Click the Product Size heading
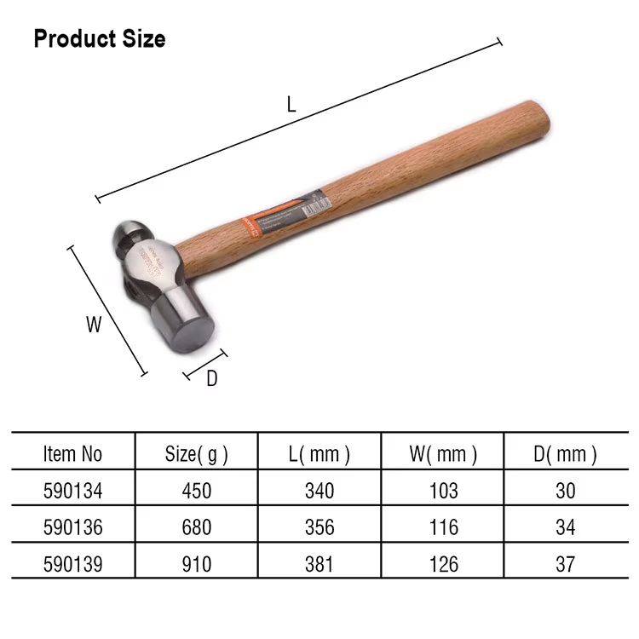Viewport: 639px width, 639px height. pyautogui.click(x=100, y=38)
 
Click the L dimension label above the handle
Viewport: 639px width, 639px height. pyautogui.click(x=291, y=104)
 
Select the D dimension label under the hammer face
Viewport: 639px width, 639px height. pyautogui.click(x=212, y=379)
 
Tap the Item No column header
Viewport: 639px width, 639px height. pyautogui.click(x=72, y=454)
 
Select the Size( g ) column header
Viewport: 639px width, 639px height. pyautogui.click(x=196, y=454)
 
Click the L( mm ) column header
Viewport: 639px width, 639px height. pyautogui.click(x=319, y=454)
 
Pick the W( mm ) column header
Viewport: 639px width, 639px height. pyautogui.click(x=443, y=454)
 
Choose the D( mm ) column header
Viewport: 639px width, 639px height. pyautogui.click(x=565, y=454)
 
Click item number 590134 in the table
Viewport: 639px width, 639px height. pyautogui.click(x=72, y=491)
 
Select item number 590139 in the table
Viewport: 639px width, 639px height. pyautogui.click(x=72, y=564)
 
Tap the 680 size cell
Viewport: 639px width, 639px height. pyautogui.click(x=196, y=527)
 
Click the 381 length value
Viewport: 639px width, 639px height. pyautogui.click(x=319, y=564)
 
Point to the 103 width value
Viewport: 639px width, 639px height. pyautogui.click(x=443, y=491)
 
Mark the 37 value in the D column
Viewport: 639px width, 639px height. pyautogui.click(x=565, y=564)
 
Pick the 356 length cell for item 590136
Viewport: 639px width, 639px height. pyautogui.click(x=319, y=527)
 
